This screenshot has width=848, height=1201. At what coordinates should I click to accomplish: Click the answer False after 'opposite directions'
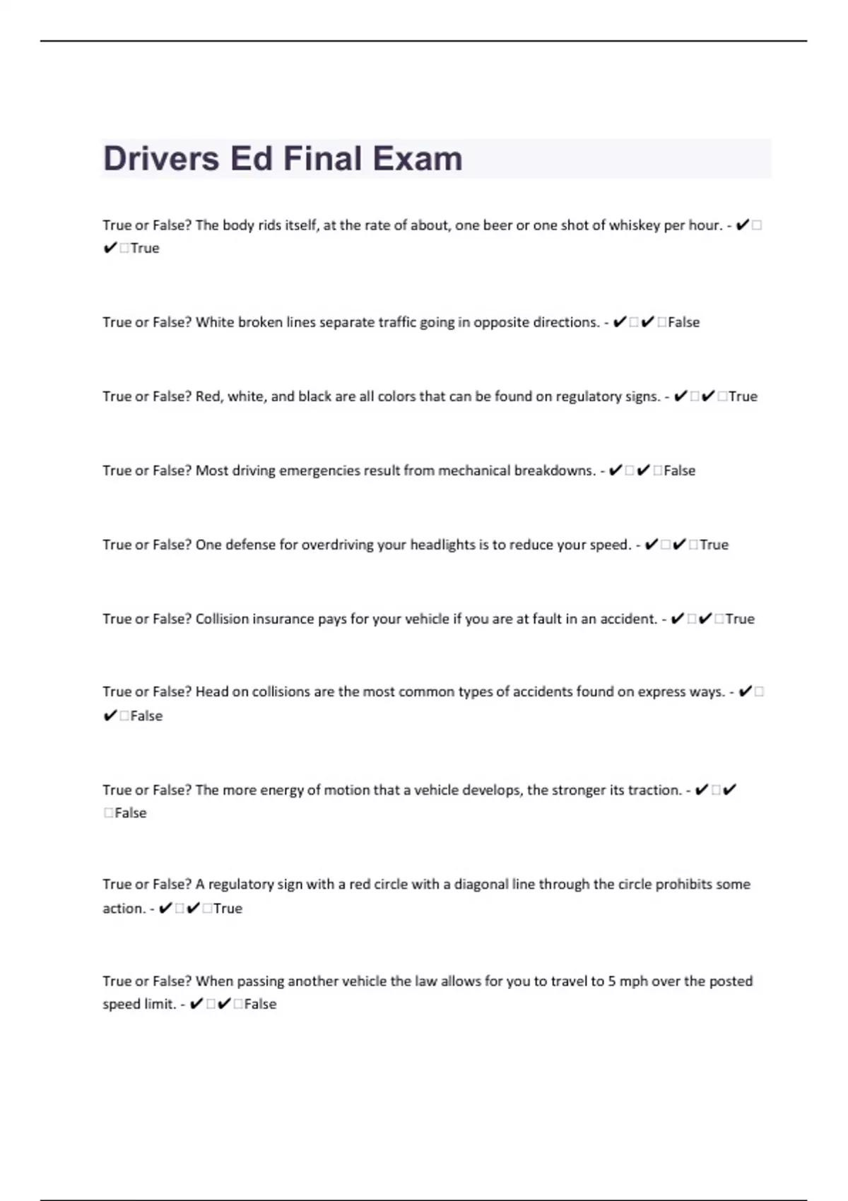point(683,322)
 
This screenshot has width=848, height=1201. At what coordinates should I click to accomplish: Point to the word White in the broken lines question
point(215,322)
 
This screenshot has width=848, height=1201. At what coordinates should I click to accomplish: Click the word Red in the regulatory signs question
point(208,396)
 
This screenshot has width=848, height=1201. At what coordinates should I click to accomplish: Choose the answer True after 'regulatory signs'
point(743,396)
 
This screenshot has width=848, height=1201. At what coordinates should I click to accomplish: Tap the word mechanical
point(474,471)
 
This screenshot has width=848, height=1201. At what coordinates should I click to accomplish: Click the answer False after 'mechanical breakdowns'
point(679,471)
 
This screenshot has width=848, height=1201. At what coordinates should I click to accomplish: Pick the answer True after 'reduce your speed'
point(714,545)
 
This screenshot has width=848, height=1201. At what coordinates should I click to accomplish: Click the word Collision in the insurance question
point(222,619)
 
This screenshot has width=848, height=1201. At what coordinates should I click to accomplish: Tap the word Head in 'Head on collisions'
point(211,692)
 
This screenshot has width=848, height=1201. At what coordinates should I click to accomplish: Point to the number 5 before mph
point(612,981)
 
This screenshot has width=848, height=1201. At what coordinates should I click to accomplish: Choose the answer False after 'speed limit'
point(260,1004)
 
